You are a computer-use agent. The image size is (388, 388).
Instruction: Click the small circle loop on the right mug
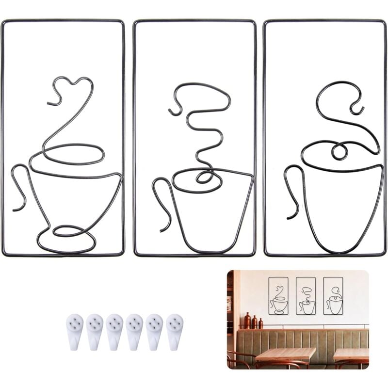tap(339, 152)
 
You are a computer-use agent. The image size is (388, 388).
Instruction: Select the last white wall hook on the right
tap(175, 331)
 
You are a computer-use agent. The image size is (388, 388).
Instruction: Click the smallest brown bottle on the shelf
tap(261, 323)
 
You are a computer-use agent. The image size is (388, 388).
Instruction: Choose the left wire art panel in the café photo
tap(278, 296)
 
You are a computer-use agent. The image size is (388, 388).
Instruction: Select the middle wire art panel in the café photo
tap(306, 296)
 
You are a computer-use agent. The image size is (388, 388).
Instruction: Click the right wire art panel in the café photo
tap(333, 296)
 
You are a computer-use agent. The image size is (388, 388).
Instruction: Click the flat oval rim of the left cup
tap(73, 154)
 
